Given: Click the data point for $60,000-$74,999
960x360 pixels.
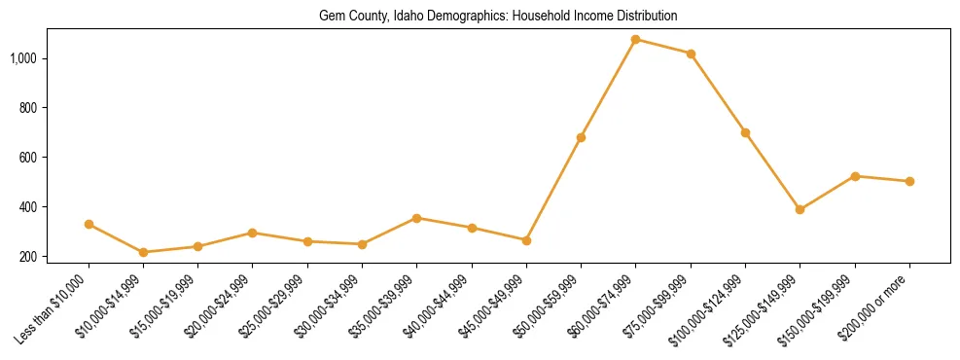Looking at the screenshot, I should tap(635, 40).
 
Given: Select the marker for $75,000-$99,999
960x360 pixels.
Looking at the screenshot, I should tap(691, 54).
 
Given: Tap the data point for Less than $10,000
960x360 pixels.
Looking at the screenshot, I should tap(89, 224).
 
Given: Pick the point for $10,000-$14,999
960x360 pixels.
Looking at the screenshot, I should tap(143, 252).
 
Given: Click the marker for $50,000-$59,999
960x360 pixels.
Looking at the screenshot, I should tap(581, 137).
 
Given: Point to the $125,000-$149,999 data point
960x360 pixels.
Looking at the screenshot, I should tap(800, 209).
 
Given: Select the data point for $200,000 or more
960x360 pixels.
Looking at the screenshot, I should tap(909, 181).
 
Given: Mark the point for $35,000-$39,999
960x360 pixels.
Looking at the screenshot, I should tap(416, 218).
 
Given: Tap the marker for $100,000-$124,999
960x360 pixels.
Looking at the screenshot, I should tap(745, 132).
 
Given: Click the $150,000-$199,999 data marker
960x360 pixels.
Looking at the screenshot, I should tap(855, 176).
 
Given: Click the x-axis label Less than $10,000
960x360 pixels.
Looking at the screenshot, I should tap(54, 306).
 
